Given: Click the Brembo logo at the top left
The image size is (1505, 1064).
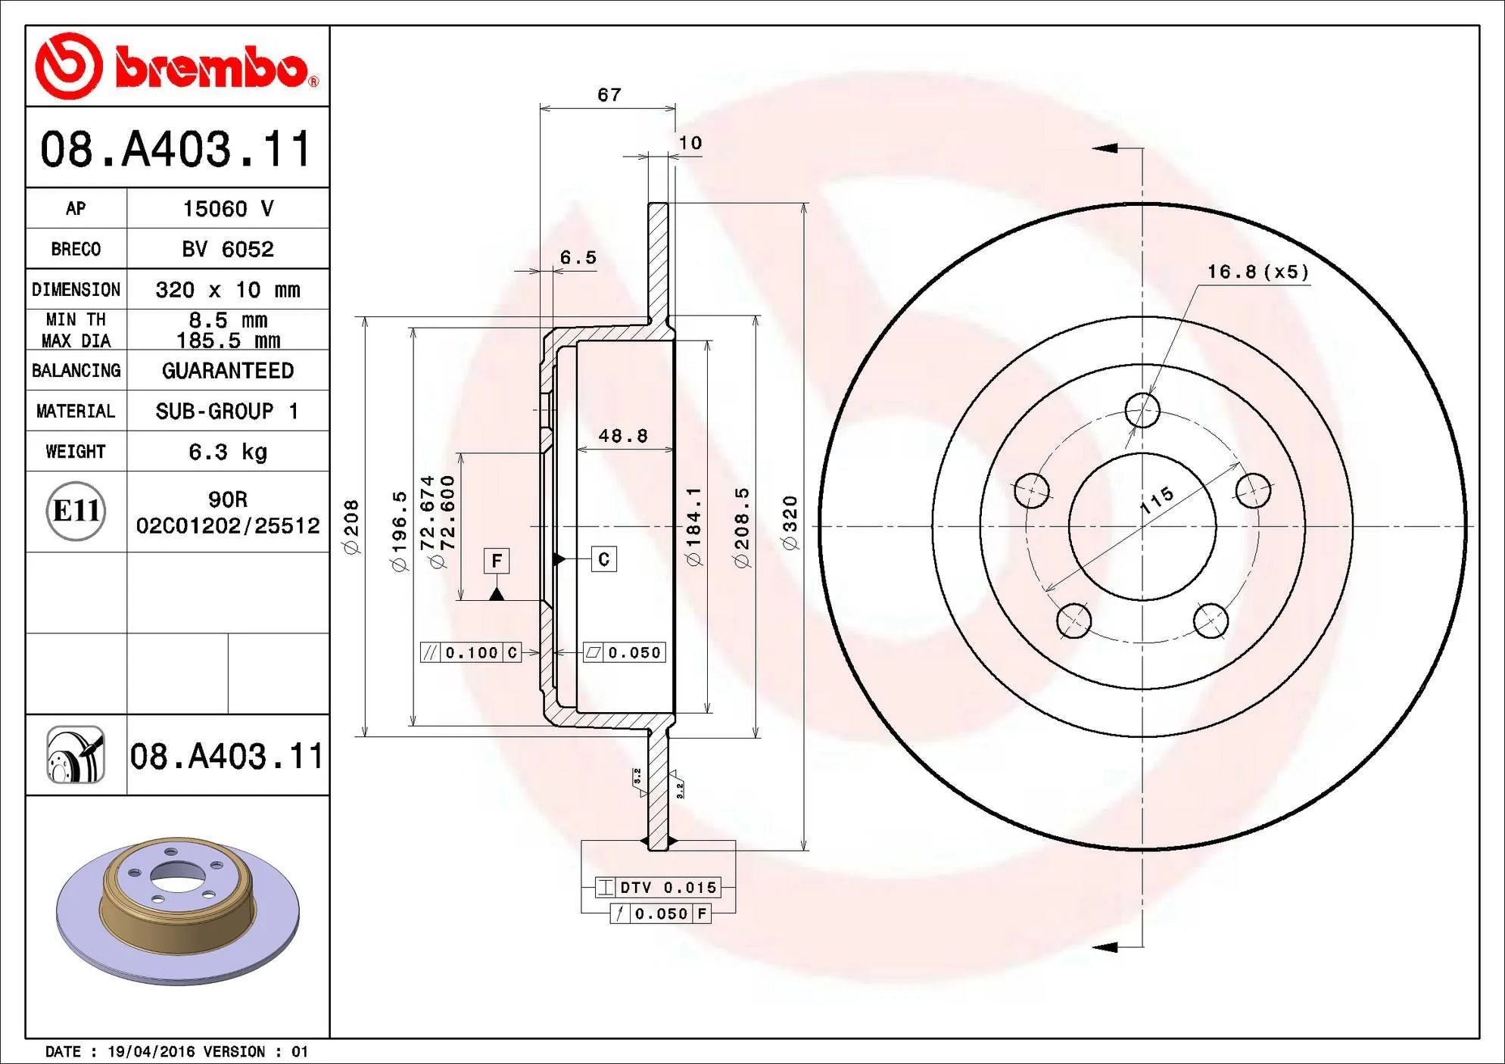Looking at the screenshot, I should [x=177, y=67].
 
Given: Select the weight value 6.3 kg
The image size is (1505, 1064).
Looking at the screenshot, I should [x=227, y=452].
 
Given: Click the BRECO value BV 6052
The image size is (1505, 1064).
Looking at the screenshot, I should [x=227, y=249].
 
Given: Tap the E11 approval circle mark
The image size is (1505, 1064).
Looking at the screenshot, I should [x=76, y=511].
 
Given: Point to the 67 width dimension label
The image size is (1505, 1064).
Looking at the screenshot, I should [x=609, y=95].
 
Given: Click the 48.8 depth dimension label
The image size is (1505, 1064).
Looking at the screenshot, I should [x=623, y=436].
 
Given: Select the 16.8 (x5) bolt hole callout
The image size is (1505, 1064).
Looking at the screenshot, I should [x=1257, y=272].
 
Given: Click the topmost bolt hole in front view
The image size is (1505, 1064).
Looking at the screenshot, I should [x=1142, y=411].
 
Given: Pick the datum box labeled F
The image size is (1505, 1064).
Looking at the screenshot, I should [x=497, y=561].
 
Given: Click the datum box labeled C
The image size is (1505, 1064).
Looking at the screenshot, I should [x=603, y=559].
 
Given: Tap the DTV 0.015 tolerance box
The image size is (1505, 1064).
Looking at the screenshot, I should [x=657, y=888].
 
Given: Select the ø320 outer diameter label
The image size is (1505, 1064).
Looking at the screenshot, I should [x=790, y=523].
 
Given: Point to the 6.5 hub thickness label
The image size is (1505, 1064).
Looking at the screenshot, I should [x=578, y=258].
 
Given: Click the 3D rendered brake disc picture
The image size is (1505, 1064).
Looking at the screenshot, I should [x=178, y=909].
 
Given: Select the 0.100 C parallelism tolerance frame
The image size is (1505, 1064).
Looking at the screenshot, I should [x=471, y=652].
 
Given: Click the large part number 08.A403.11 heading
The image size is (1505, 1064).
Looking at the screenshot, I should [x=176, y=148].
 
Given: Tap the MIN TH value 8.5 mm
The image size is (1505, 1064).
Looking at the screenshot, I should [x=227, y=320].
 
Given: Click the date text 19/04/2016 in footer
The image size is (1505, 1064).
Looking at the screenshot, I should [x=151, y=1052].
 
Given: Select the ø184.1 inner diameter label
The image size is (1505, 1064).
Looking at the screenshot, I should [x=693, y=527].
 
